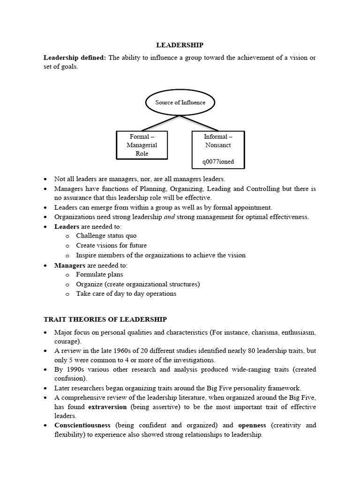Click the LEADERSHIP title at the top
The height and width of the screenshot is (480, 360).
[x=180, y=45]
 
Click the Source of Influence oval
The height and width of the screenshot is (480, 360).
[x=180, y=102]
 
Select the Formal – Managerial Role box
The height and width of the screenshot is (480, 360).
[x=142, y=145]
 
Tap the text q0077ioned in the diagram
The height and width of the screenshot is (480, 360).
[x=218, y=162]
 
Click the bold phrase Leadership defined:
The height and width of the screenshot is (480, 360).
[x=75, y=58]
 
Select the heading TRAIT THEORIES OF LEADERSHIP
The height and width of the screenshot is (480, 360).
[x=105, y=319]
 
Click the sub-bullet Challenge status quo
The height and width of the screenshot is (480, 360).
[x=106, y=236]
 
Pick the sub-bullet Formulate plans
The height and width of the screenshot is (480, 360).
[x=99, y=275]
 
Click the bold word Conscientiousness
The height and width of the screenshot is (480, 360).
[x=82, y=425]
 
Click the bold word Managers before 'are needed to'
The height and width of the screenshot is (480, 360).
[x=69, y=265]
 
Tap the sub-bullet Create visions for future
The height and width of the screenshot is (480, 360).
[x=111, y=246]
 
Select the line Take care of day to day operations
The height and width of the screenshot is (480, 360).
[x=126, y=294]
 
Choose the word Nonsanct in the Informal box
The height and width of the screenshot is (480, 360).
[x=218, y=145]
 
